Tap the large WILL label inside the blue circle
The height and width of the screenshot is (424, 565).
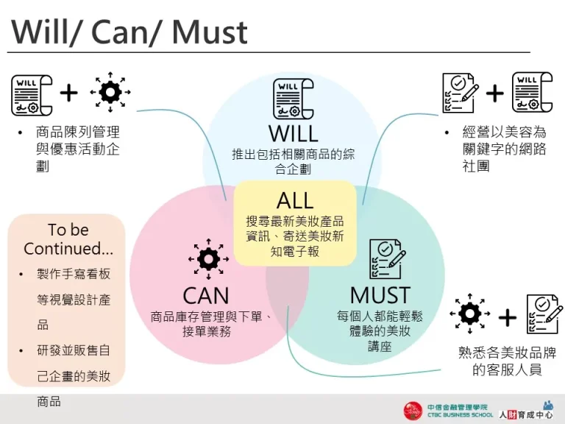tap(294, 134)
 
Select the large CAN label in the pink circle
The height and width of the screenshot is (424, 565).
tap(206, 296)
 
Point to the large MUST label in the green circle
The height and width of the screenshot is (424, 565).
tap(380, 295)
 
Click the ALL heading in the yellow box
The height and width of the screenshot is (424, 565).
tap(295, 200)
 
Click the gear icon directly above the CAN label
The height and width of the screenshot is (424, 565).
tap(209, 259)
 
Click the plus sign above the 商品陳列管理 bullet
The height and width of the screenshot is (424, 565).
tap(68, 93)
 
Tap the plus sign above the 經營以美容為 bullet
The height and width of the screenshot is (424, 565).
tap(495, 93)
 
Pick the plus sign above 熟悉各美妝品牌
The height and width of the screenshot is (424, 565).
tap(508, 317)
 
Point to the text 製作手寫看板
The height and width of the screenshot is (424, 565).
tap(74, 274)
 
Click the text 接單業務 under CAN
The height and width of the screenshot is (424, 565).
tap(207, 331)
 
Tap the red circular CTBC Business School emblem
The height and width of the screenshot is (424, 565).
tap(413, 411)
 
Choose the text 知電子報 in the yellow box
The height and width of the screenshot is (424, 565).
tap(294, 251)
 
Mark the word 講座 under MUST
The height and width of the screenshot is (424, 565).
tap(380, 346)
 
